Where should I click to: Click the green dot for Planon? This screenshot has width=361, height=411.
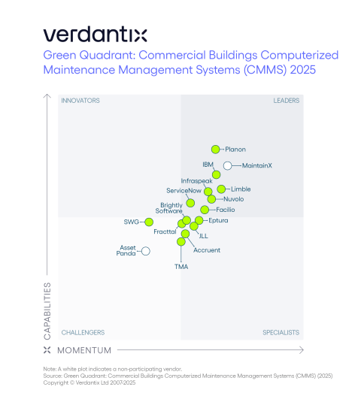216,150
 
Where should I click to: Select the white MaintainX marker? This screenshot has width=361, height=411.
227,165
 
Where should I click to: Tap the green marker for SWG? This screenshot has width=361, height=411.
149,222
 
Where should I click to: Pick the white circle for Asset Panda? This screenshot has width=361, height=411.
146,251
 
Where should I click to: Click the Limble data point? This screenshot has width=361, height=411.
221,189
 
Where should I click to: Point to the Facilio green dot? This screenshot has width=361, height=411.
205,210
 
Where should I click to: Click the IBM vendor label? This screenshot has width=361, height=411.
208,165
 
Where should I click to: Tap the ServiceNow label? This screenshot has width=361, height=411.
184,191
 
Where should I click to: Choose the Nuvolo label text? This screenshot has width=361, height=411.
234,199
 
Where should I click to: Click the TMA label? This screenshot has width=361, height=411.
181,267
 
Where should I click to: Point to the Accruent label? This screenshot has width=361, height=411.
207,249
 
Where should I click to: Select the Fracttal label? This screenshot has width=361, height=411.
165,231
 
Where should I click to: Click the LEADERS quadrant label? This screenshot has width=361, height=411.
286,101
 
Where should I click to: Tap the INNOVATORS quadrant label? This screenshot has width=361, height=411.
80,101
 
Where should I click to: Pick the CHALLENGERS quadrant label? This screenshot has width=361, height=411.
83,332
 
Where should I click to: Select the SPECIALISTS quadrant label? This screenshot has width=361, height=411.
281,332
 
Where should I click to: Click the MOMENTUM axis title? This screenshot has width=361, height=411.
84,350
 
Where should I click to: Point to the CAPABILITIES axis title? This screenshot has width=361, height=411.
47,310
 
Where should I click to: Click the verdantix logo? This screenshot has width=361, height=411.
95,35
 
